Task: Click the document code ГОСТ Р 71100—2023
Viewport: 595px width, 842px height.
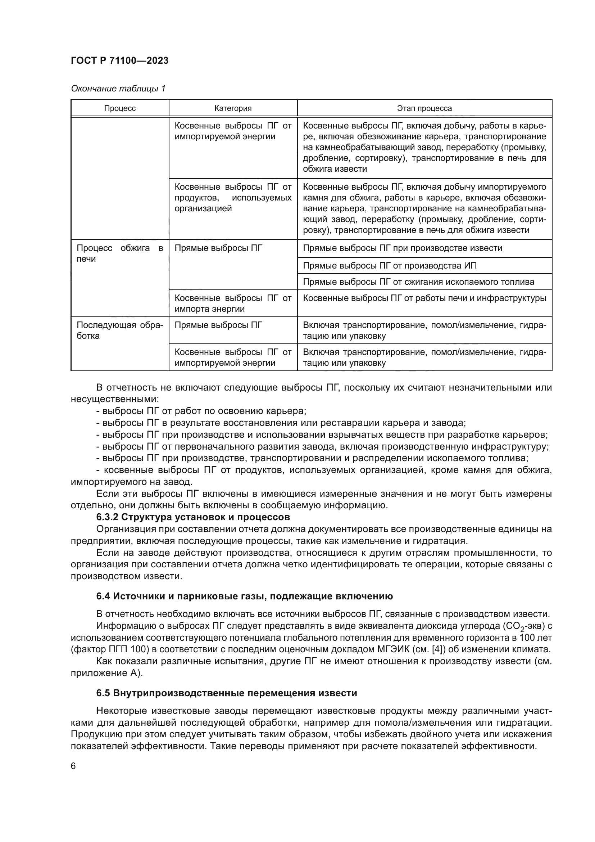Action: pos(119,60)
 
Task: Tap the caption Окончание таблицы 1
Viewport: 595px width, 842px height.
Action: pos(118,89)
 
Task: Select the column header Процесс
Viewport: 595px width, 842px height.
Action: pos(120,108)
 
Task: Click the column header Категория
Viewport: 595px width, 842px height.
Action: pos(233,108)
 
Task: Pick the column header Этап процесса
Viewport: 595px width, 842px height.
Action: pos(424,108)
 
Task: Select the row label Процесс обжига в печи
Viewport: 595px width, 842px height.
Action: pos(119,253)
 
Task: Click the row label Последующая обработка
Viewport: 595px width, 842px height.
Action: pos(119,330)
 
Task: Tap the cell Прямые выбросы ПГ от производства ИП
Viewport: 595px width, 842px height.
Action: pos(390,266)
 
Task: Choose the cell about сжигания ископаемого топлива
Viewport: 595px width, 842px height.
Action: pos(418,282)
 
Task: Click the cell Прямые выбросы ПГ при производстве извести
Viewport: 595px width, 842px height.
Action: pos(402,248)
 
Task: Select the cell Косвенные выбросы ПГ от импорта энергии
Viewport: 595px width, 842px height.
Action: pos(233,303)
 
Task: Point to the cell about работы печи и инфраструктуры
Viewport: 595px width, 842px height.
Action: pos(424,298)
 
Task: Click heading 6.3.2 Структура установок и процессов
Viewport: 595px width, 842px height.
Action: pos(193,517)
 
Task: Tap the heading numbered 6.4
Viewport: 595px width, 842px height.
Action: pos(244,596)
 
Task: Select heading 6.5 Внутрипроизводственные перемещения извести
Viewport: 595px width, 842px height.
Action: pos(226,693)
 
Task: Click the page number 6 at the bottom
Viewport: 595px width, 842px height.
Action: pos(73,766)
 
